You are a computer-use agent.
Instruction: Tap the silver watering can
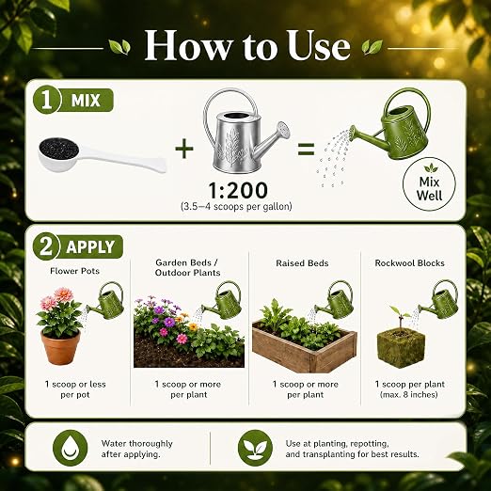245,132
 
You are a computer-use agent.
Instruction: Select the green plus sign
184,149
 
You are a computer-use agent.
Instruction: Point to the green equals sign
306,150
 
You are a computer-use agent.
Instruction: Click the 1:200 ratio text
238,190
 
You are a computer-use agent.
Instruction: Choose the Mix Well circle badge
429,184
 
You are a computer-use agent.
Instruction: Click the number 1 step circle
46,101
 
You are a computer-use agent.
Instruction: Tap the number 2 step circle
46,246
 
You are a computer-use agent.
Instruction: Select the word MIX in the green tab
86,101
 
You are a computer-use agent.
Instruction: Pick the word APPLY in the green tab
90,247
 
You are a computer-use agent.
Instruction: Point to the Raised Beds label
302,263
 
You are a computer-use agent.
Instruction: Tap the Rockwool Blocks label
410,263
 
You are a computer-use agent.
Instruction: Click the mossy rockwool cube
401,349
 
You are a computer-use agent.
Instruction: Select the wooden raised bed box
305,350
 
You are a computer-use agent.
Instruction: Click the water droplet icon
71,448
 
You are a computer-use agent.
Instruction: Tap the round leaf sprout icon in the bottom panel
255,448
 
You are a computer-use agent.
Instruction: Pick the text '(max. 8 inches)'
409,394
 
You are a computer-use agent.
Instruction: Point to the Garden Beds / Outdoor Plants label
187,267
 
